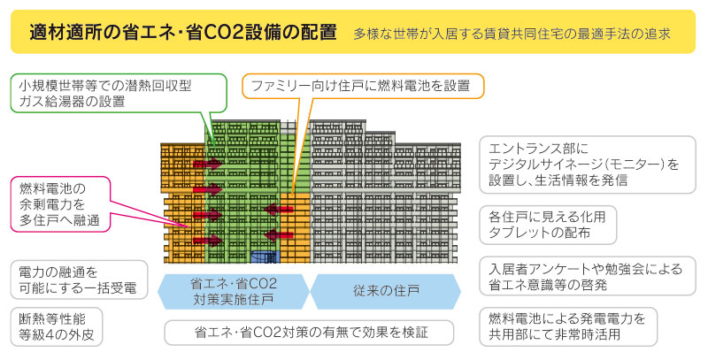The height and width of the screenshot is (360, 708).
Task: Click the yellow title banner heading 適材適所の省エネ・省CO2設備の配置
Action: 183,33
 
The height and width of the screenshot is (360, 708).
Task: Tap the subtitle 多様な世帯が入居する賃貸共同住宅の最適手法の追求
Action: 512,34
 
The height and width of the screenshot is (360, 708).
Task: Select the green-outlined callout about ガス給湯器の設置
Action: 119,94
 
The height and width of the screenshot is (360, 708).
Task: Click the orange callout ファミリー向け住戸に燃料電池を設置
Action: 363,86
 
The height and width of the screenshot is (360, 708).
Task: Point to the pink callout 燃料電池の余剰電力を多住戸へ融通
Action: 60,204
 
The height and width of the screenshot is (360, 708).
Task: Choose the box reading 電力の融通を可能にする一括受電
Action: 79,280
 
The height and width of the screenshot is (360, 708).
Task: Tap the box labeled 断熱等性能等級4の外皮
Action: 57,326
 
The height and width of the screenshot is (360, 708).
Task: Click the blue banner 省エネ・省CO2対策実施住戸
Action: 234,291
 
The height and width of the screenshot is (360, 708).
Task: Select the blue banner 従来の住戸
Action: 386,291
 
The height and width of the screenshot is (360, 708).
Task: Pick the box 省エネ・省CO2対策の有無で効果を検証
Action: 309,333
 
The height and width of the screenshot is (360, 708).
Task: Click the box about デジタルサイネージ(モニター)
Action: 587,165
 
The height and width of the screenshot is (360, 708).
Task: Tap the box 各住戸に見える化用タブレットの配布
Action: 548,226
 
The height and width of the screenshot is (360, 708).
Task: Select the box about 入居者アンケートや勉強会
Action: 587,277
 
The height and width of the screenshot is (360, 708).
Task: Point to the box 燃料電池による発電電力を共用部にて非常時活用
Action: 568,326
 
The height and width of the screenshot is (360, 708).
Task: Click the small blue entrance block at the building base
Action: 265,257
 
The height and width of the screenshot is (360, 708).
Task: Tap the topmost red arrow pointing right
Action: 208,164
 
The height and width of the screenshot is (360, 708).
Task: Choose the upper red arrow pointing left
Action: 279,209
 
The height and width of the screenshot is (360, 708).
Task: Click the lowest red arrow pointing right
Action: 208,241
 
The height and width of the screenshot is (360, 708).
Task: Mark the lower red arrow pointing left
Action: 279,234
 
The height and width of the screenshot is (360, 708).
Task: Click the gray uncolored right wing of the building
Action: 385,192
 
